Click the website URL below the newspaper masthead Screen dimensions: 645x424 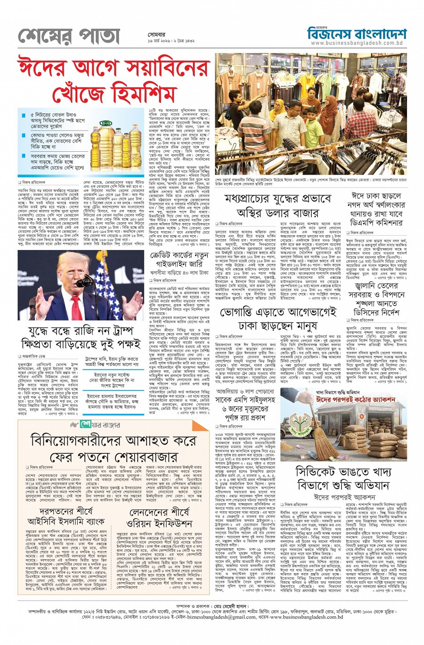(356, 43)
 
